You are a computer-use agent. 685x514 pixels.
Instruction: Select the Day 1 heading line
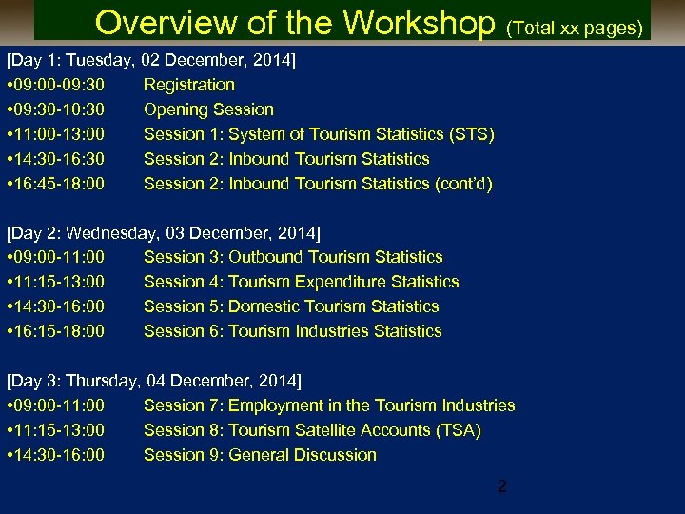151,60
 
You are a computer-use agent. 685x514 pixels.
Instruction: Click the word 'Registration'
188,85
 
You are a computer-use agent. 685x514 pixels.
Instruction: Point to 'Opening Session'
208,109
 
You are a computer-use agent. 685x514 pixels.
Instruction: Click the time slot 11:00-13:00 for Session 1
60,134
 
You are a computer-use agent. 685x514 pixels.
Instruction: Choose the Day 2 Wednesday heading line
164,232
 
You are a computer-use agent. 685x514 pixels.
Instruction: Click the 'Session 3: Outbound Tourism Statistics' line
293,257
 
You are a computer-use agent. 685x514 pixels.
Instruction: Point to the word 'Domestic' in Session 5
264,306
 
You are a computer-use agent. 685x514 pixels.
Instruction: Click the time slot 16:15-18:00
60,331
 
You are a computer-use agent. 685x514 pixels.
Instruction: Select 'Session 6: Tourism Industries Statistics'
292,331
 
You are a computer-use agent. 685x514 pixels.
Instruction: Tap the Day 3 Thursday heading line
154,381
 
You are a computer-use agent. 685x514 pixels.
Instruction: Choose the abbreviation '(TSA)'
458,430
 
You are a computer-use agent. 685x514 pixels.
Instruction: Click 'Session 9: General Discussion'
260,455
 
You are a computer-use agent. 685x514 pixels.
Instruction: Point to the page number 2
502,486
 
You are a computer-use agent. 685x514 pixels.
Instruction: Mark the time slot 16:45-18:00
60,184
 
